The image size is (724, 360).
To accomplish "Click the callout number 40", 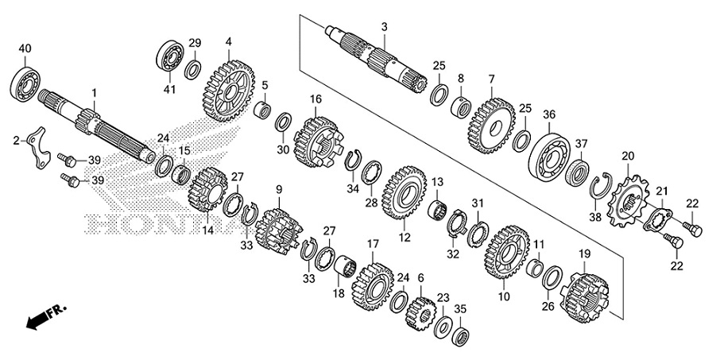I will point(25,49).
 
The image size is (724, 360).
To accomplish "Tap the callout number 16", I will point(316,99).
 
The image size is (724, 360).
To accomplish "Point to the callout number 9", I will point(279,188).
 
